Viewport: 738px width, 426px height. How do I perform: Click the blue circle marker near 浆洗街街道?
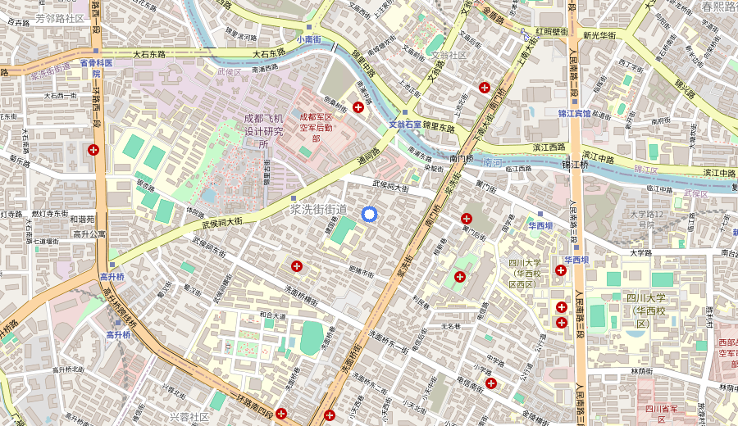coord(369,214)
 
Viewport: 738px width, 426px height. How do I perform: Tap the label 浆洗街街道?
coord(319,210)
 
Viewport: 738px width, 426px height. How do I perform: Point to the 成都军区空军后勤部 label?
coord(316,127)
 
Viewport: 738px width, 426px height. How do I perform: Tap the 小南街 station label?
coord(309,39)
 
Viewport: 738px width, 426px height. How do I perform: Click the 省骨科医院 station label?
coord(95,67)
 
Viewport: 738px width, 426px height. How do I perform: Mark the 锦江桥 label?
coord(576,165)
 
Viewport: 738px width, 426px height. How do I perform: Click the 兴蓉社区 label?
coord(189,417)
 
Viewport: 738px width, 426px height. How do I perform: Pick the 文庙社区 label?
coord(449,55)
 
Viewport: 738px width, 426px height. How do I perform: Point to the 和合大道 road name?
coord(272,314)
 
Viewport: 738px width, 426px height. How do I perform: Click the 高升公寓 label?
coord(89,233)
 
